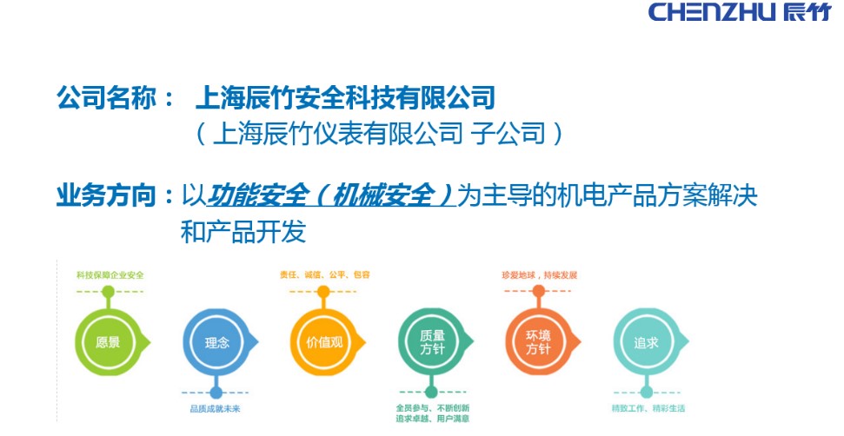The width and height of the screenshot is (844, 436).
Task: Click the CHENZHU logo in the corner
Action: coord(739,12)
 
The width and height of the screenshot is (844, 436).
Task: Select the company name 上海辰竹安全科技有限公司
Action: coord(346,96)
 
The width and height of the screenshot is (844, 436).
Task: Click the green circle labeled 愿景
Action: coord(108,342)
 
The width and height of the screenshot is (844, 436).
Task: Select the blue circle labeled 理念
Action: coord(216,342)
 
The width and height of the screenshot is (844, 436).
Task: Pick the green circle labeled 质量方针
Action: coord(431,342)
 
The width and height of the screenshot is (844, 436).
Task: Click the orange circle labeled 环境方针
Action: coord(539,342)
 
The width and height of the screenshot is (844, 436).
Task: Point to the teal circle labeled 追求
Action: coord(646,342)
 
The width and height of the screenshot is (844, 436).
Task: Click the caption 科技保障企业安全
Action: coord(109,275)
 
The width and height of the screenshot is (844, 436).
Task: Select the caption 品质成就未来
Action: coord(216,408)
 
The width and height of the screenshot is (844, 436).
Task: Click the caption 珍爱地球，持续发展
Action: coord(539,275)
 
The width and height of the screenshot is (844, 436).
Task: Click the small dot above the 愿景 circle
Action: coord(108,292)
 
